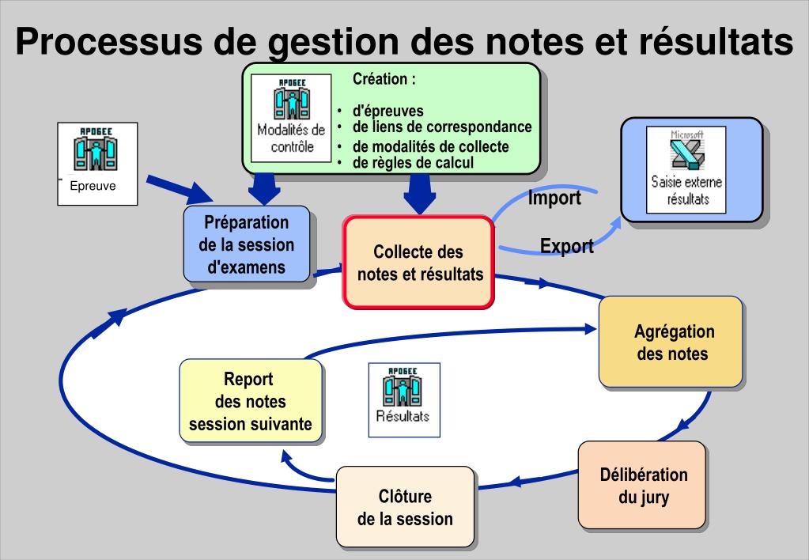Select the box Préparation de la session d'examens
coord(246,244)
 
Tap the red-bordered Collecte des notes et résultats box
coord(418,263)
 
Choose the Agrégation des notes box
coord(671,342)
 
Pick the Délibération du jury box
coord(642,486)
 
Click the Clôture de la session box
coord(405,507)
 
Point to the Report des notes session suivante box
coord(250,401)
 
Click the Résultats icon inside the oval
coord(403,399)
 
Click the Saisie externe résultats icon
coord(686,168)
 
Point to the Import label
coord(554,198)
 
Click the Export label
coord(566,246)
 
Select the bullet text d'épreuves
coord(387,111)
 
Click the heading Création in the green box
coord(384,79)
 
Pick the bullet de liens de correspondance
coord(441,127)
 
